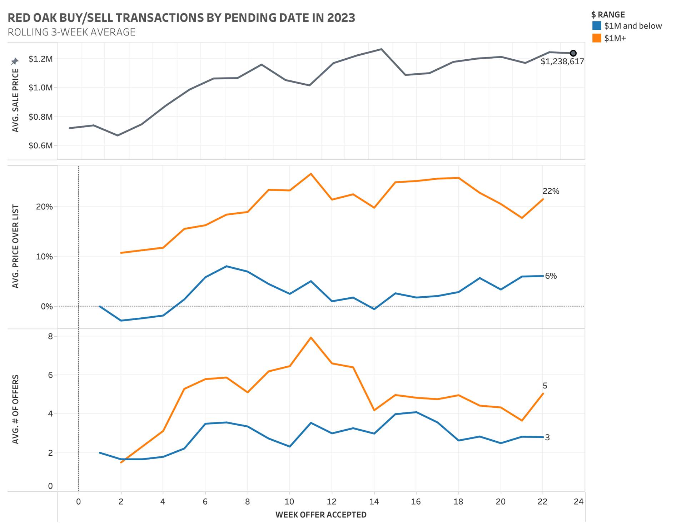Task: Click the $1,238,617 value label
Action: [562, 61]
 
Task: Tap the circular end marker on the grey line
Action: [573, 53]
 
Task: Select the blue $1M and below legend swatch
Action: [596, 26]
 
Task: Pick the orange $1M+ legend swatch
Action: [596, 38]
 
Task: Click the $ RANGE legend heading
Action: [608, 15]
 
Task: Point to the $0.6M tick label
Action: [40, 145]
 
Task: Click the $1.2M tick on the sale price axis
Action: [40, 59]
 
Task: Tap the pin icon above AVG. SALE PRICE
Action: [15, 61]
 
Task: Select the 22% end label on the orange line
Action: [551, 191]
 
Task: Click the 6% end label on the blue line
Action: [551, 276]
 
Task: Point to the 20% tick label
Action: [44, 207]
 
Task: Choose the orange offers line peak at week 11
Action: [311, 337]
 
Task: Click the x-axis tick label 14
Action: [374, 502]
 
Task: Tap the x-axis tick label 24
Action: [578, 502]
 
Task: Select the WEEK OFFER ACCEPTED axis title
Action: [320, 515]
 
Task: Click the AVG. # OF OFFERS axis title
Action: [15, 410]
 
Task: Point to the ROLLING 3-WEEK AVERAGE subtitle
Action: [71, 32]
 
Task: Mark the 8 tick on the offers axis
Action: [50, 336]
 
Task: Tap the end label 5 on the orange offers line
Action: [545, 386]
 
